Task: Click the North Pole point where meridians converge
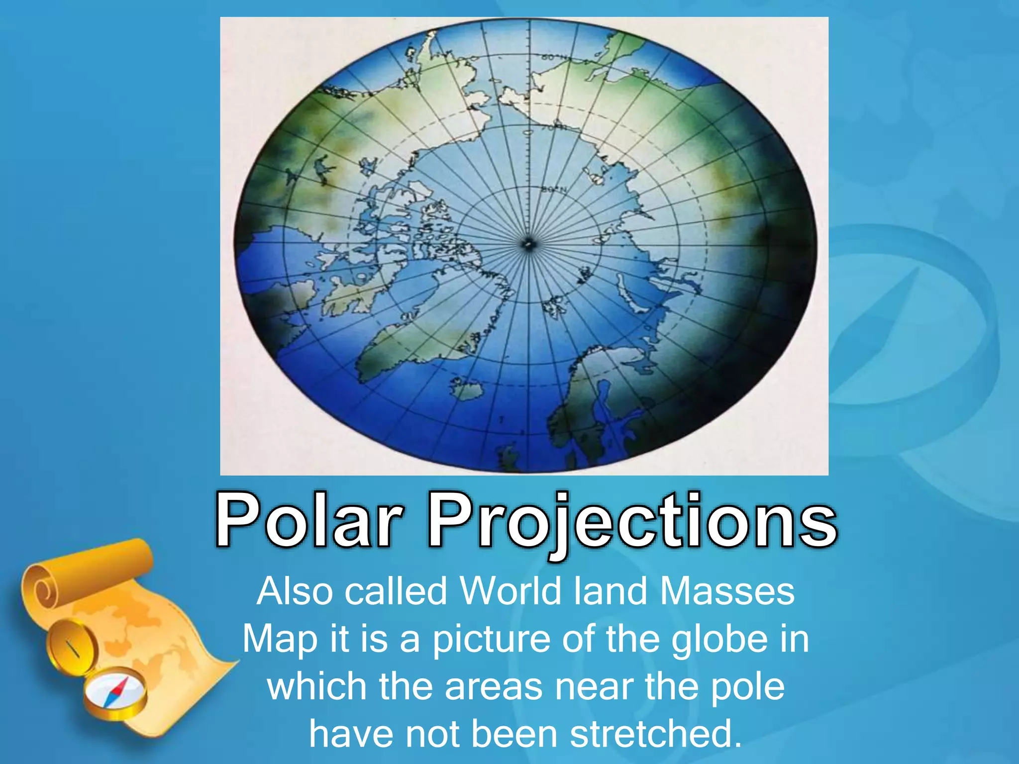click(x=528, y=244)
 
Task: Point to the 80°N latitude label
click(x=553, y=190)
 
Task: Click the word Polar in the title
click(x=308, y=520)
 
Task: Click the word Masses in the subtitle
click(x=727, y=591)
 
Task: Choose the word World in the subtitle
click(x=510, y=591)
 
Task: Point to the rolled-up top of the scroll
click(x=87, y=572)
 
